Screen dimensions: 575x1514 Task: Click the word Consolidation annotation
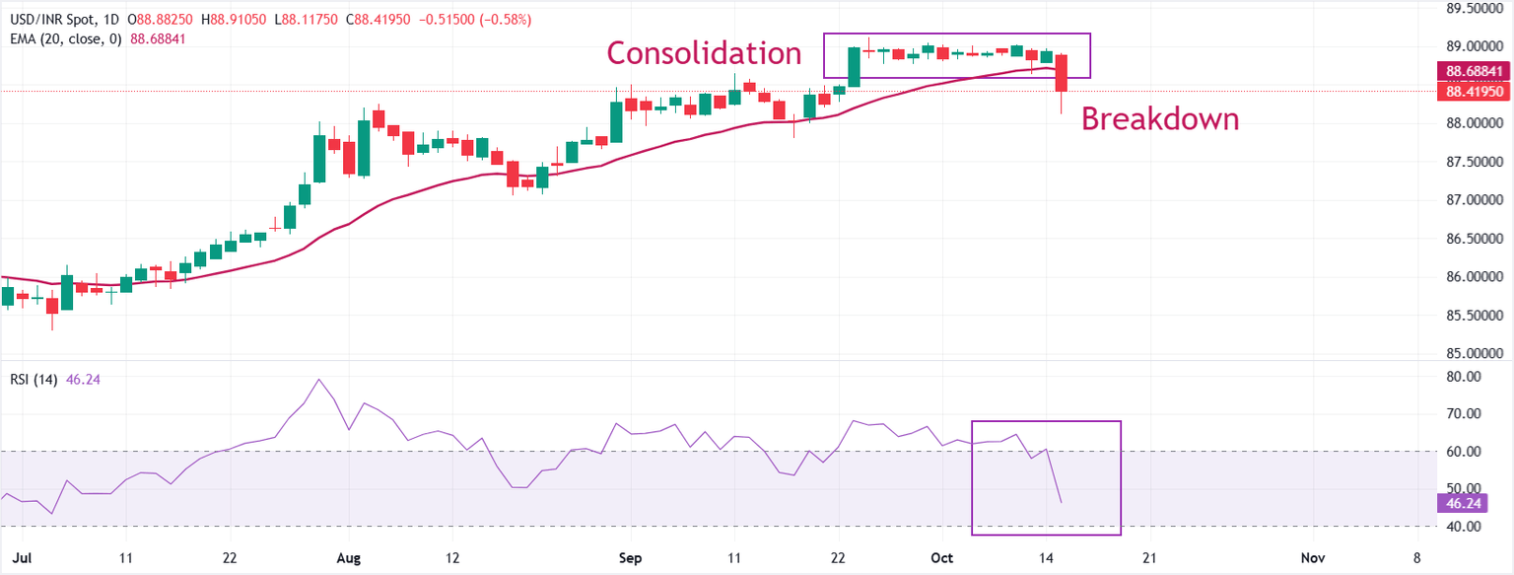pyautogui.click(x=703, y=52)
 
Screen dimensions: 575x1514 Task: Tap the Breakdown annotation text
pyautogui.click(x=1159, y=119)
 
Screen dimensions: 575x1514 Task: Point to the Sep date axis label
pyautogui.click(x=631, y=558)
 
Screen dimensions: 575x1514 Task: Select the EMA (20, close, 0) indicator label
pyautogui.click(x=63, y=38)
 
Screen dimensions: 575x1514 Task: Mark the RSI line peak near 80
pyautogui.click(x=318, y=380)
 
